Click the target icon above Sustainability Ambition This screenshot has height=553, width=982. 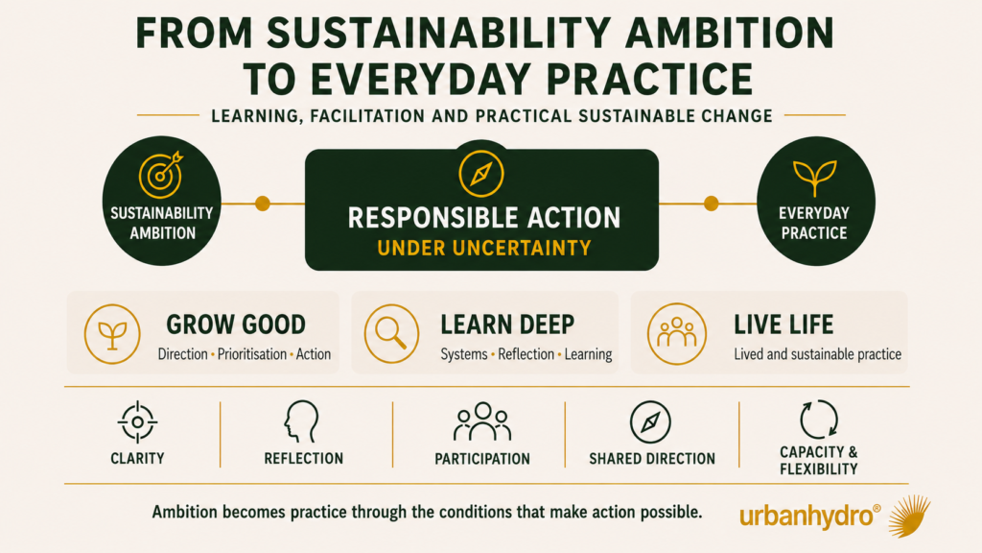click(160, 175)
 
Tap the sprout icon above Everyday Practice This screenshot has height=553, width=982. click(814, 178)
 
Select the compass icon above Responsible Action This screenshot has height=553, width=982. click(481, 174)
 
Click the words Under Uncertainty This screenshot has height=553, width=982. click(484, 249)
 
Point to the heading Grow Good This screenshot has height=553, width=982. click(236, 325)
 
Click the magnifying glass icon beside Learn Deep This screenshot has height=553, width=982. click(391, 333)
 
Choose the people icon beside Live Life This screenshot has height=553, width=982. click(677, 333)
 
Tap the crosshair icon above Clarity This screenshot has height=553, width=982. click(137, 422)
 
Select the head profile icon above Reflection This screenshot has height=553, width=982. click(302, 421)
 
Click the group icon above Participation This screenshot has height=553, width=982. click(482, 421)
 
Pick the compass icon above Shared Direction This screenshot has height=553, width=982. click(650, 422)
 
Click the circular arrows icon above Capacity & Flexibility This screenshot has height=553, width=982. click(819, 419)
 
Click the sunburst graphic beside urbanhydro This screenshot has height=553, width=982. click(909, 516)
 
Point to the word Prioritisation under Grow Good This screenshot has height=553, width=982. click(251, 354)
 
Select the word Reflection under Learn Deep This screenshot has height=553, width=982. click(526, 354)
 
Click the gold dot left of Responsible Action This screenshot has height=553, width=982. click(263, 204)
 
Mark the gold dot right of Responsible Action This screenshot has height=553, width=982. click(711, 204)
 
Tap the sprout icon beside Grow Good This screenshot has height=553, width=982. click(112, 334)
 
